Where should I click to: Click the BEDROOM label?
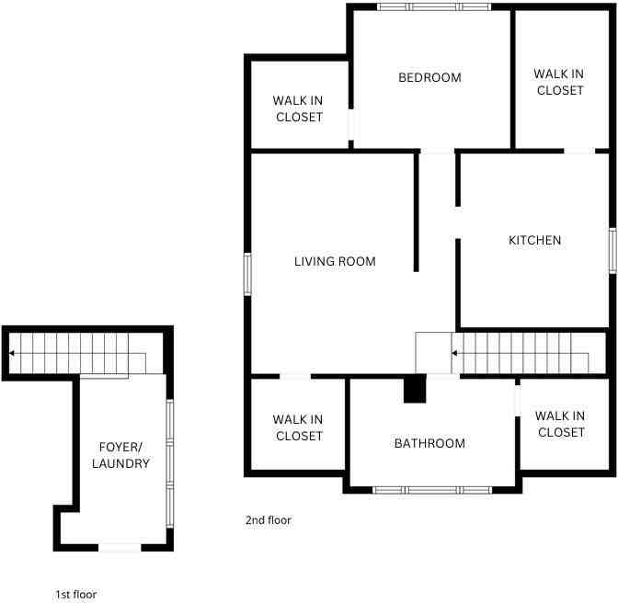pos(429,77)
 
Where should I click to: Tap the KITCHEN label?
pos(534,240)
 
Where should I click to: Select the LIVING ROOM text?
pos(335,261)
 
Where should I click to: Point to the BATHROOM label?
pos(429,443)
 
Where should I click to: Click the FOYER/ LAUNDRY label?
pos(120,455)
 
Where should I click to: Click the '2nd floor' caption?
pos(269,520)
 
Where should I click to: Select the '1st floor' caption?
pos(76,595)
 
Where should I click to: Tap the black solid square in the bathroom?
pos(415,389)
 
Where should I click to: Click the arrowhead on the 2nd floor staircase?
pos(454,353)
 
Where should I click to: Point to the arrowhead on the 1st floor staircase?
pos(12,353)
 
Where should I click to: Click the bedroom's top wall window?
pos(434,6)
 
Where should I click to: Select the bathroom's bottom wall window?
pos(432,490)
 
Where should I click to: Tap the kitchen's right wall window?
pos(612,251)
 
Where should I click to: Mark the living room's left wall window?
pos(247,275)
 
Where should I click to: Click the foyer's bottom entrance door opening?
pos(120,548)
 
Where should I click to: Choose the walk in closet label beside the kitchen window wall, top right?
pos(559,82)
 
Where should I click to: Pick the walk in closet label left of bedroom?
pos(298,108)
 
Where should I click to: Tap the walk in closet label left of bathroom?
pos(298,427)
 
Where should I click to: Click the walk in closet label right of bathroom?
pos(560,424)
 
